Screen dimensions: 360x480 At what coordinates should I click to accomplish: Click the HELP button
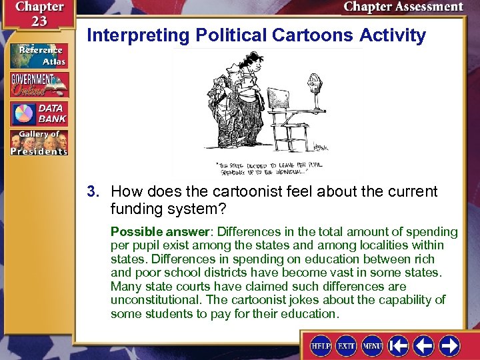pyautogui.click(x=321, y=346)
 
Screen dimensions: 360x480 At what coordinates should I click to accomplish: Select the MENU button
pyautogui.click(x=372, y=346)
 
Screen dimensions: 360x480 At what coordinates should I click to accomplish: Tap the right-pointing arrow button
pyautogui.click(x=449, y=346)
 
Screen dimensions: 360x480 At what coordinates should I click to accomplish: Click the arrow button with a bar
pyautogui.click(x=399, y=346)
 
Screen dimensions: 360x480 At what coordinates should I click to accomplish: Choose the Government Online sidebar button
pyautogui.click(x=39, y=85)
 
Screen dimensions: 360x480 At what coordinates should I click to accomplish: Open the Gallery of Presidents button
pyautogui.click(x=39, y=143)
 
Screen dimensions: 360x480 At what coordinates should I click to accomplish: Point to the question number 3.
pyautogui.click(x=92, y=192)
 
